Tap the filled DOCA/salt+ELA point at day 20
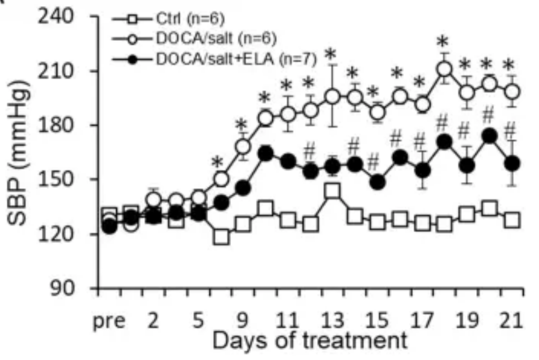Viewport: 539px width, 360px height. tap(489, 136)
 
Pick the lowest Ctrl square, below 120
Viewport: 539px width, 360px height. tap(221, 237)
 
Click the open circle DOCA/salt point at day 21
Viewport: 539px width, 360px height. tap(511, 91)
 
